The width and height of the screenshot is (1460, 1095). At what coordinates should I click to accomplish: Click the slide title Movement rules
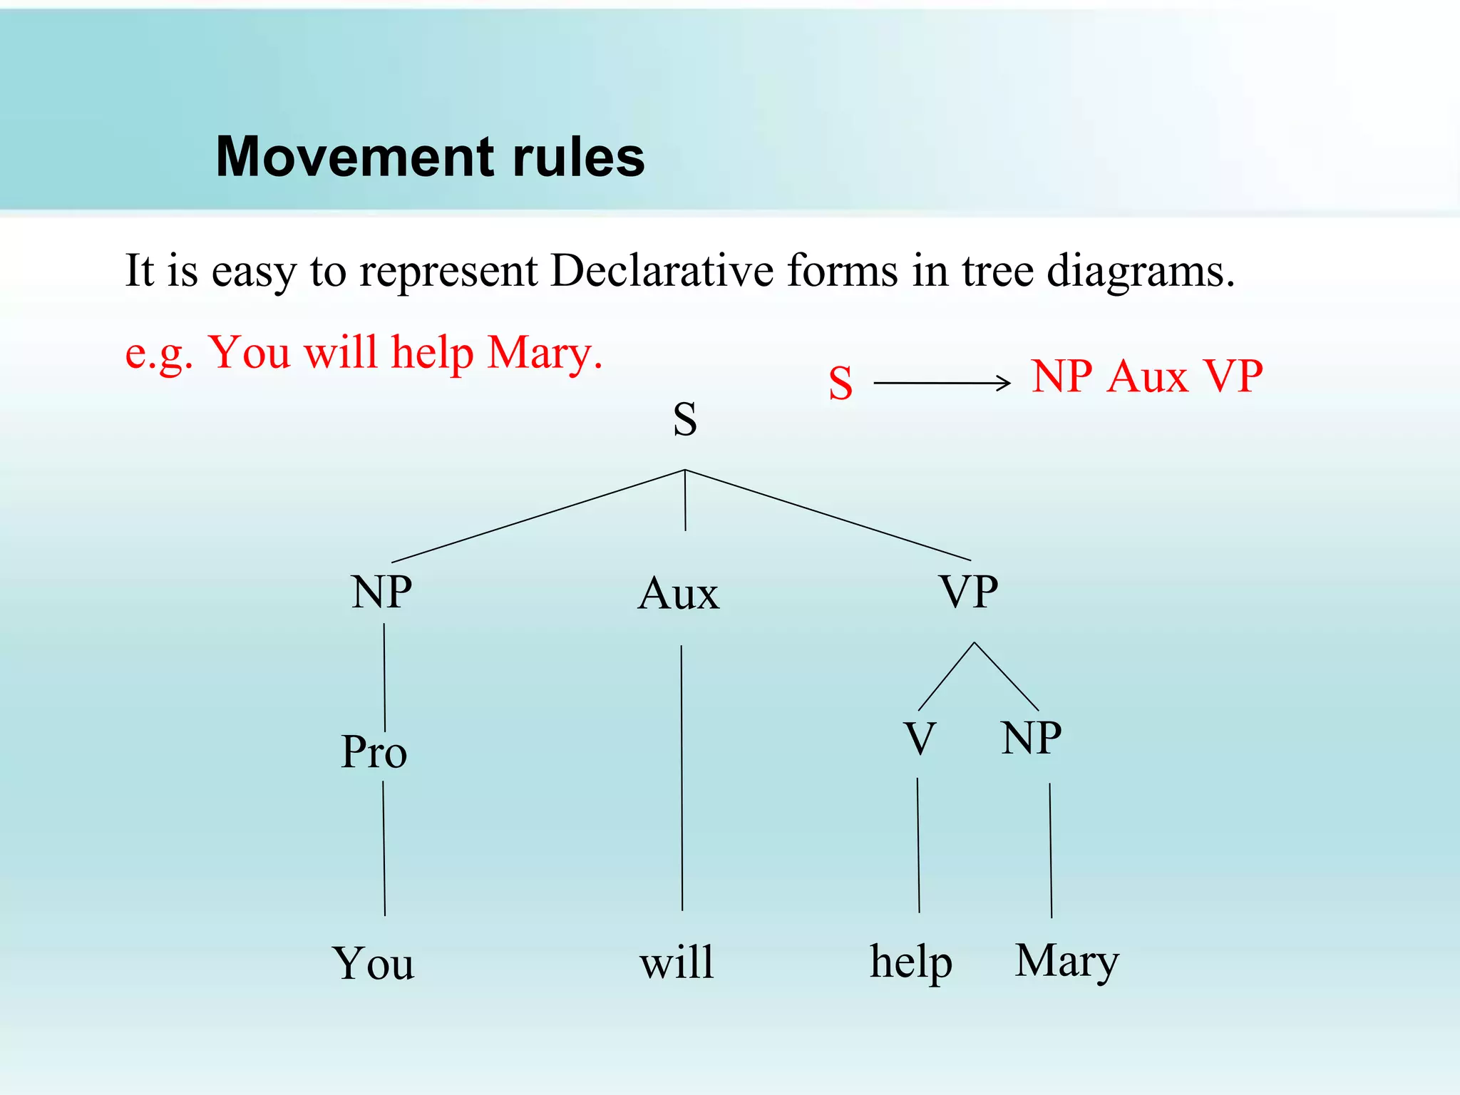[430, 157]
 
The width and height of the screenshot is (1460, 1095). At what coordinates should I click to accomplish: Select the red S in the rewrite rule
[840, 383]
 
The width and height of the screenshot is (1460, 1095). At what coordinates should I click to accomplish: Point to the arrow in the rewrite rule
[942, 383]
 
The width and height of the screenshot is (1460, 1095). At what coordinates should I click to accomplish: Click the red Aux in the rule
[1147, 376]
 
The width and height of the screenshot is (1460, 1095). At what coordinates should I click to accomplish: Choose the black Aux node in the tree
[679, 594]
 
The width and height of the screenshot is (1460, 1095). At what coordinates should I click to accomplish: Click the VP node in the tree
[968, 592]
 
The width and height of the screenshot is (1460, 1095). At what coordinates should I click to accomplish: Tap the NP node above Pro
[381, 592]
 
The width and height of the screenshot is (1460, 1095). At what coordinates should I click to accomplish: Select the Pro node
[374, 752]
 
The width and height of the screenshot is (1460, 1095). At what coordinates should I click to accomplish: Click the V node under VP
[920, 739]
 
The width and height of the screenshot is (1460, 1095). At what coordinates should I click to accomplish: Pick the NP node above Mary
[1031, 738]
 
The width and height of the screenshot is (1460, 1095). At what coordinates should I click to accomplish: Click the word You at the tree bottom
[373, 964]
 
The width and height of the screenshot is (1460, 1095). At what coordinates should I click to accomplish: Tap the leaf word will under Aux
[677, 962]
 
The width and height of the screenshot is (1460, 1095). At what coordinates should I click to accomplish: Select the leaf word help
[911, 962]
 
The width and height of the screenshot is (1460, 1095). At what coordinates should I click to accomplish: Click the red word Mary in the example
[545, 353]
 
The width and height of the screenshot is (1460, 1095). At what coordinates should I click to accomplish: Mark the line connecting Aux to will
[682, 777]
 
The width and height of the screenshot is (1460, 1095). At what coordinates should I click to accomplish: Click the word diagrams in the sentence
[1140, 272]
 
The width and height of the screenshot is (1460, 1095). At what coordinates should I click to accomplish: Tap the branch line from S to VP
[827, 515]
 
